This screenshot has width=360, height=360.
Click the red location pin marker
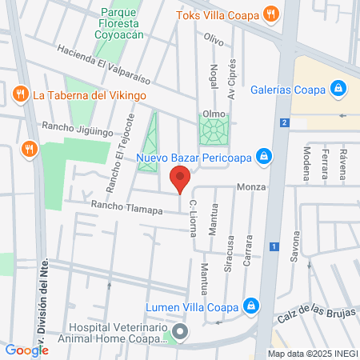180,179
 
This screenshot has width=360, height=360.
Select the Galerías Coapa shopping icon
338,88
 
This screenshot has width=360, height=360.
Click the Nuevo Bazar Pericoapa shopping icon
262,156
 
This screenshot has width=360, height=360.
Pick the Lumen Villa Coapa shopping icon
251,306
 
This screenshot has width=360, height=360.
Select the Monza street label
250,187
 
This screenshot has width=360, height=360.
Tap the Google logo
26,350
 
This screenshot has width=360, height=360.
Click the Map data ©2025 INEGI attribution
312,354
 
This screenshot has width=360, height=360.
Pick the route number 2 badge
284,122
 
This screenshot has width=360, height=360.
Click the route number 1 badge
274,246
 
